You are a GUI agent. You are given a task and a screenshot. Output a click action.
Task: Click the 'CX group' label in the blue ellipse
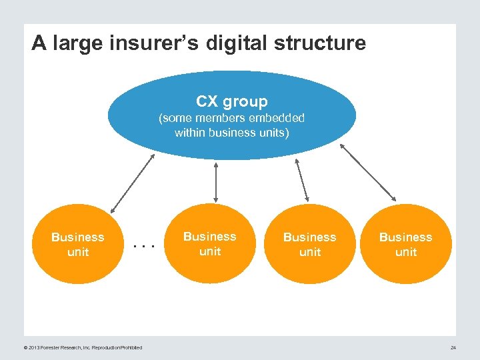(231, 101)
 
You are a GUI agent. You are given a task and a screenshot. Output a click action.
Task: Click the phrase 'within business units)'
(231, 133)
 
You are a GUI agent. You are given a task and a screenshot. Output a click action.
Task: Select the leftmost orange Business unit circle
(78, 244)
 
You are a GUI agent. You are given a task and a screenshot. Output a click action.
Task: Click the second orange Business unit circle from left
(210, 243)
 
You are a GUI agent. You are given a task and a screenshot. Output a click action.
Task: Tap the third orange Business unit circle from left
(309, 244)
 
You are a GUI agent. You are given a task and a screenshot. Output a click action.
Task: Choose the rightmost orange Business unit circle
(405, 244)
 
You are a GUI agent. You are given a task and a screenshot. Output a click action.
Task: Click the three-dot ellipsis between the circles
(143, 246)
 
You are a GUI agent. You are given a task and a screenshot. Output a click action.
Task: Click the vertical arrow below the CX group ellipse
(216, 181)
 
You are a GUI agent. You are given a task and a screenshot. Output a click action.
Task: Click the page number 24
(453, 347)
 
